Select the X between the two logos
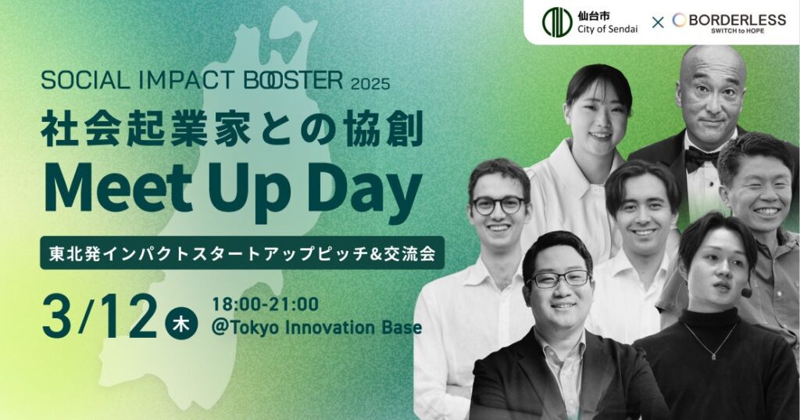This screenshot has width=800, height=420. [x=657, y=22]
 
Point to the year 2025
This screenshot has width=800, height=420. [x=370, y=82]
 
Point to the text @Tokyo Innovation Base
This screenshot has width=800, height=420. [x=316, y=327]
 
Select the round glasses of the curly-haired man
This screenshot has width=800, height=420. [x=498, y=206]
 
